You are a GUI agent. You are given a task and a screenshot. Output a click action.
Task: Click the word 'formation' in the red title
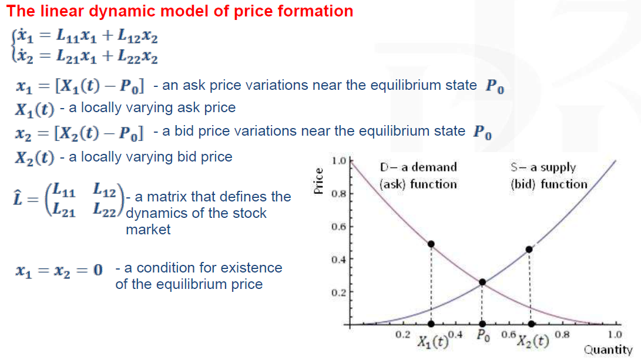(315, 11)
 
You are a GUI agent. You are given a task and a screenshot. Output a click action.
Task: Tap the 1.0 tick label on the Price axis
(339, 160)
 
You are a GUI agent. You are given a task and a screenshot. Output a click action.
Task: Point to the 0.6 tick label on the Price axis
(339, 227)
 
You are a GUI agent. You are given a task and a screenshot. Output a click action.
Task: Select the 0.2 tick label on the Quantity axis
(402, 335)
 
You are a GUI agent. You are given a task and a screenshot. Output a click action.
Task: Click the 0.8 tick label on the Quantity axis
(562, 335)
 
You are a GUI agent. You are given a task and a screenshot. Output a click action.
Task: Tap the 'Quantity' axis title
(608, 350)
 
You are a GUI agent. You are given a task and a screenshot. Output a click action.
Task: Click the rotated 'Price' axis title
(318, 181)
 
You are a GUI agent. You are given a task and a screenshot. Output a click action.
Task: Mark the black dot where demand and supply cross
(482, 282)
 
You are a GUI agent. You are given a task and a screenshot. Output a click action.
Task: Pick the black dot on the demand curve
(431, 244)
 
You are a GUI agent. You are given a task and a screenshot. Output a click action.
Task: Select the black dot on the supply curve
(529, 249)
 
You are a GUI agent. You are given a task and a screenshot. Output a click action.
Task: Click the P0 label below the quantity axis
(483, 336)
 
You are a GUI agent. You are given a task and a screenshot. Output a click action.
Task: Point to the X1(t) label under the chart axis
(432, 341)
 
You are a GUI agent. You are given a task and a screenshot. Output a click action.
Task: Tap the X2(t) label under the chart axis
(533, 341)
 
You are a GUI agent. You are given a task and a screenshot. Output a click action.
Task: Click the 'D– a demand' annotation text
(418, 167)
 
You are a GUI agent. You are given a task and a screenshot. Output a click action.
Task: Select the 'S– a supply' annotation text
(543, 167)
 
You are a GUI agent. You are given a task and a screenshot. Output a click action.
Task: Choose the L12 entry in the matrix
(104, 190)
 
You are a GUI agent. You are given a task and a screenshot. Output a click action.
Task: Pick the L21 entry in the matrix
(64, 210)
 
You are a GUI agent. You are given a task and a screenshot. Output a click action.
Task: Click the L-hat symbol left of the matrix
(18, 198)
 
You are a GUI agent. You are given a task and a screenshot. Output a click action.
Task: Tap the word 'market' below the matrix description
(148, 230)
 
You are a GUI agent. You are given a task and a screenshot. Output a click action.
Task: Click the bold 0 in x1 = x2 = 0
(98, 270)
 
